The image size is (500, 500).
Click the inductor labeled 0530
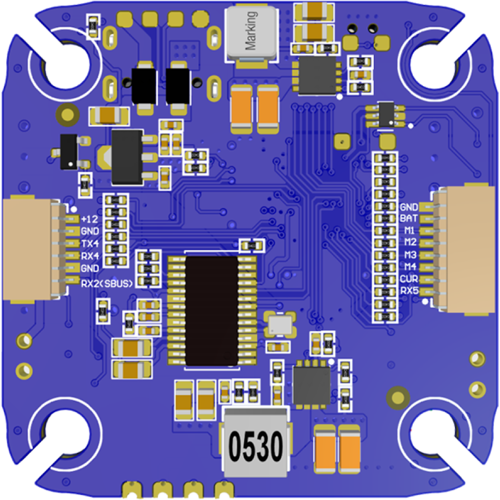(x=255, y=445)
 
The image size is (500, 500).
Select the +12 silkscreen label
(x=89, y=219)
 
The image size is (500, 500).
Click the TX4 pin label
(x=89, y=243)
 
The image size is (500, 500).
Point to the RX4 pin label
(x=89, y=256)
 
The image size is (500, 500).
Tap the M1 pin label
(x=409, y=230)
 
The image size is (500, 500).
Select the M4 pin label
(x=409, y=267)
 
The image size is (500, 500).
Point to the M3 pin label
(x=409, y=255)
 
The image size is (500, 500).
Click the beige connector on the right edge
(x=470, y=248)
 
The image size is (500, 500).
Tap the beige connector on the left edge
(x=28, y=250)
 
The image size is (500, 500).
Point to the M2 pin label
(x=409, y=242)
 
